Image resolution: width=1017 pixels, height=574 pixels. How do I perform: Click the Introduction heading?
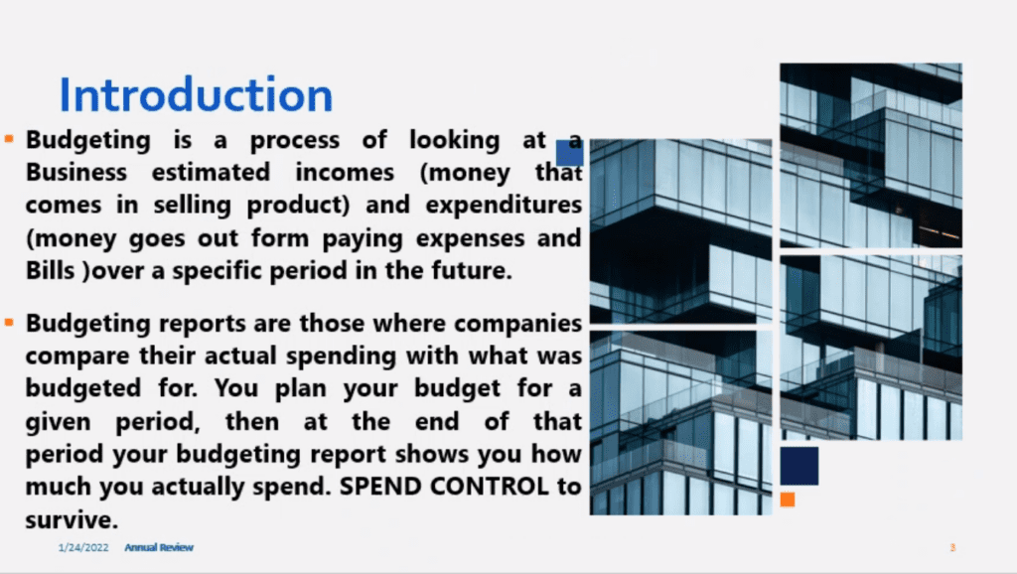click(196, 94)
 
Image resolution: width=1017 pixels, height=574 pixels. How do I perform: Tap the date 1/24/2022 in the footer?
click(83, 547)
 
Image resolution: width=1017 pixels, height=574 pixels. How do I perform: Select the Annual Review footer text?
click(159, 547)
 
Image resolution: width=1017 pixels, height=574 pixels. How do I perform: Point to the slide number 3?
click(952, 547)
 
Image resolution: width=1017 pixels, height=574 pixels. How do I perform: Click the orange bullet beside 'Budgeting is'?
click(9, 138)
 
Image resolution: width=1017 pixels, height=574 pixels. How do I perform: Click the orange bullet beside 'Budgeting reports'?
click(9, 322)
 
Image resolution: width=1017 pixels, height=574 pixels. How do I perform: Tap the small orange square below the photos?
click(788, 500)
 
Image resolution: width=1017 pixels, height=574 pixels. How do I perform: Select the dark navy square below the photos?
click(799, 466)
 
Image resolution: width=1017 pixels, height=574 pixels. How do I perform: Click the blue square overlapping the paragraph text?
click(570, 153)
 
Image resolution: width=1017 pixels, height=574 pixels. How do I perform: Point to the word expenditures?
click(504, 206)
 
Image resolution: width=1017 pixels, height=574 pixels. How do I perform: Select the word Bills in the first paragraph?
click(50, 270)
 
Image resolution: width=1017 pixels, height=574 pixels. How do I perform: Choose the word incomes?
click(345, 173)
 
